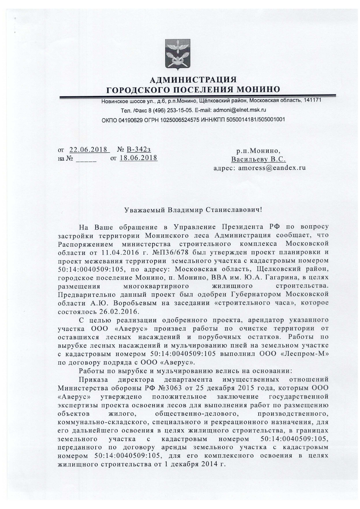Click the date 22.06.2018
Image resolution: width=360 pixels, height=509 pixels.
(89, 149)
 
